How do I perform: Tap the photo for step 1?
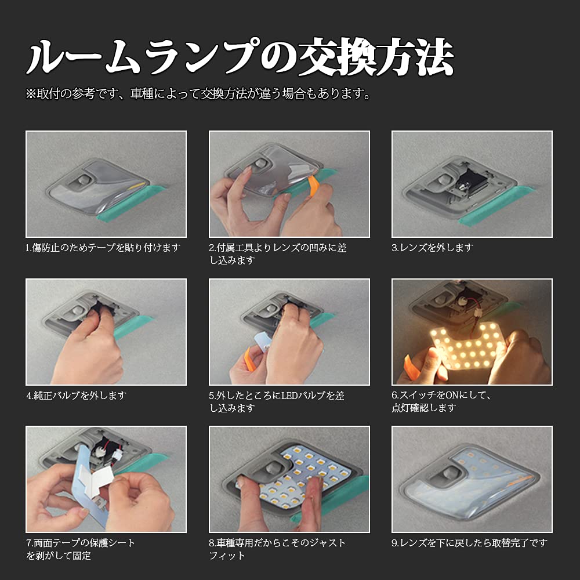tap(106, 184)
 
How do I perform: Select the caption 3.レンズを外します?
tap(432, 248)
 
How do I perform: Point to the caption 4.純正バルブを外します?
tap(76, 396)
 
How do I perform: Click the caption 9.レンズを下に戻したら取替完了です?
tap(469, 543)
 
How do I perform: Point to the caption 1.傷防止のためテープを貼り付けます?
tap(103, 248)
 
